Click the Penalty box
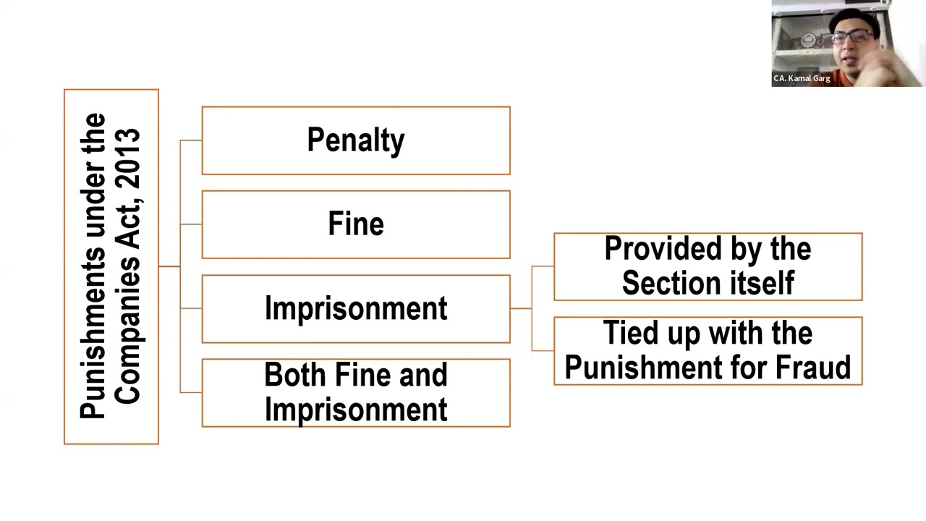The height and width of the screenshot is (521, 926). (355, 140)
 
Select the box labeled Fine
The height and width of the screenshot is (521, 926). (355, 224)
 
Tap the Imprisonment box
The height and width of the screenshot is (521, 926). (355, 309)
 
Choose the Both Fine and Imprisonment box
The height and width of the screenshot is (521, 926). (355, 393)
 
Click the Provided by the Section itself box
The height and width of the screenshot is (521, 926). (708, 266)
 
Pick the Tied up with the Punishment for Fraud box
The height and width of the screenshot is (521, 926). (708, 351)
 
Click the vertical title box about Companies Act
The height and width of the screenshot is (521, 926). (111, 266)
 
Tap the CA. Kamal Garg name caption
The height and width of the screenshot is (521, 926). (802, 78)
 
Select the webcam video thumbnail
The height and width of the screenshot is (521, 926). (848, 43)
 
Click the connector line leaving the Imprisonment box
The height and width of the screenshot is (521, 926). (521, 308)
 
